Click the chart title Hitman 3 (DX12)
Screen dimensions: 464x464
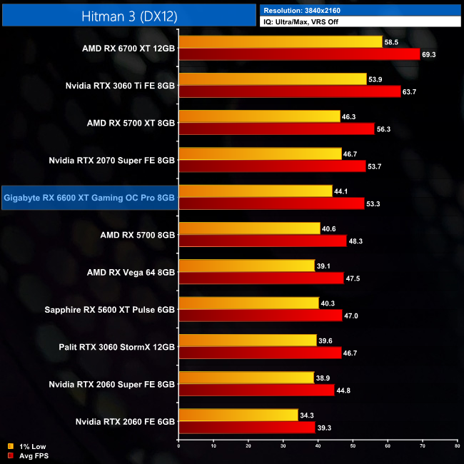[128, 14]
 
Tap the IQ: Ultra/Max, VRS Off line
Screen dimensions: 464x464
[303, 22]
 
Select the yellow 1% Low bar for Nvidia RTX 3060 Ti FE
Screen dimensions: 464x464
[271, 79]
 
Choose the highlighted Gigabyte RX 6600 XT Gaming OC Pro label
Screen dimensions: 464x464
[89, 197]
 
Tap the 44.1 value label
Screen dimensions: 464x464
[344, 191]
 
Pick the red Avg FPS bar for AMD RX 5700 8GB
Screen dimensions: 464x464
[262, 241]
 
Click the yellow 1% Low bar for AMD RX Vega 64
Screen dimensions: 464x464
[246, 266]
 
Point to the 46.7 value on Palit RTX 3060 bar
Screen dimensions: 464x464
[353, 352]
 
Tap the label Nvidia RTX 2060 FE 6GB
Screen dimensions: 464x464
[125, 421]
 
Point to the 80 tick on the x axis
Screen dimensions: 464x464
[457, 445]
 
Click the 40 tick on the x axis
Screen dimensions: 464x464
[318, 445]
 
